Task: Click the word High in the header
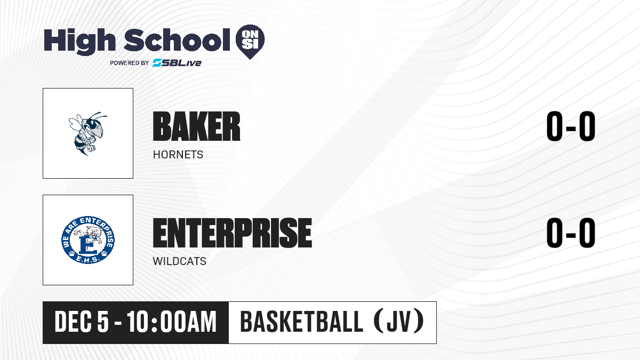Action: click(79, 41)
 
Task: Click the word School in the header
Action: click(177, 40)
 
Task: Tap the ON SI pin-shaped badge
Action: click(250, 42)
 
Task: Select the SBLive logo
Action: click(177, 63)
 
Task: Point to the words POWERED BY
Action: click(130, 63)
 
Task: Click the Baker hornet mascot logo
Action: click(87, 133)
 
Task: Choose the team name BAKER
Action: click(197, 126)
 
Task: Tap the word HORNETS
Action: click(178, 155)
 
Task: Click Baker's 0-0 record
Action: click(571, 126)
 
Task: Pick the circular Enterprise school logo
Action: click(88, 239)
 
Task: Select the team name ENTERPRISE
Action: click(233, 233)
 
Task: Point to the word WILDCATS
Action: click(179, 261)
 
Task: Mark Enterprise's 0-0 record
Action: click(571, 233)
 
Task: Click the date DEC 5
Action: click(82, 322)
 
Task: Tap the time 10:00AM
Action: click(172, 322)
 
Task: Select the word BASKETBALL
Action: click(302, 322)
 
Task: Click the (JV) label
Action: click(399, 321)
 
